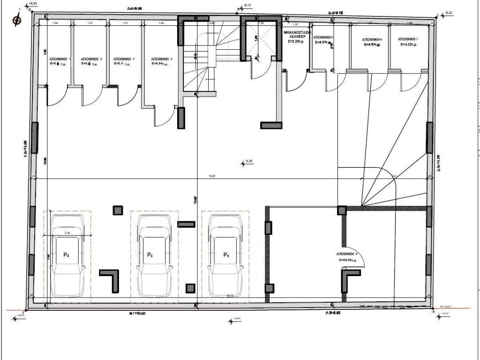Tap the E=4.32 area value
(409, 45)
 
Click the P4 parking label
(66, 255)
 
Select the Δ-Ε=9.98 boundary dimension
(135, 8)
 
